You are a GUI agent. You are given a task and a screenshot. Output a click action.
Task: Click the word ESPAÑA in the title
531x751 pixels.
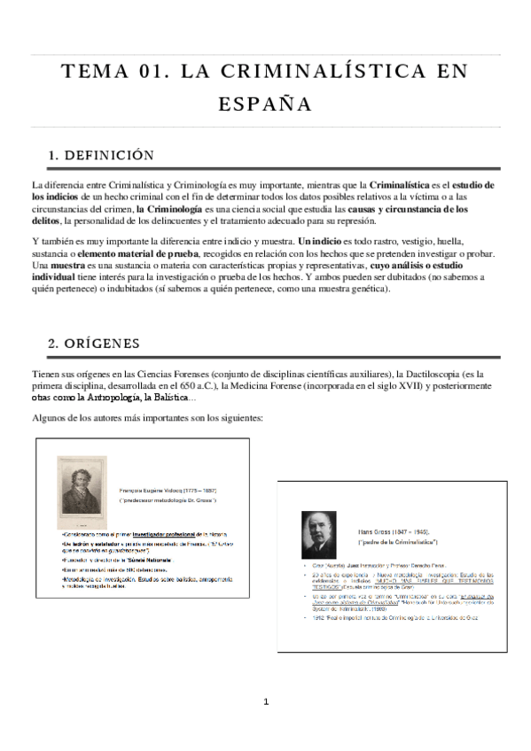[265, 105]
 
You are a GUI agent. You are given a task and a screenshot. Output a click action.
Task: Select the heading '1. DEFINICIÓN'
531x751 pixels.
[102, 156]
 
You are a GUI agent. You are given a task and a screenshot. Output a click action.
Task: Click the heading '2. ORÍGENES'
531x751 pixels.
[95, 342]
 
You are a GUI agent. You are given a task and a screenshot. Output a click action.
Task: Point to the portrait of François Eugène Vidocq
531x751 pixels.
[82, 492]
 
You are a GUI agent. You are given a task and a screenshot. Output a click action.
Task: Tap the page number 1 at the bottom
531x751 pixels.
[265, 702]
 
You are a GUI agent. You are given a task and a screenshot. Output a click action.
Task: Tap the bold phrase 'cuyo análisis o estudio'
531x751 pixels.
[421, 265]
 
